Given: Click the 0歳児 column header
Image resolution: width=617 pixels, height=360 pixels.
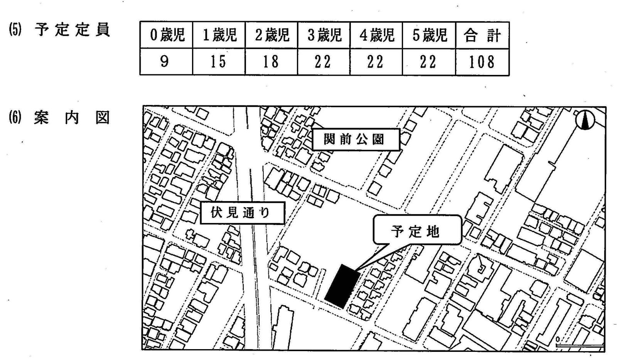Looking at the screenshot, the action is click(166, 35).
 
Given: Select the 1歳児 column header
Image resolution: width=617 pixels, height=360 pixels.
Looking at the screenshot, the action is click(219, 35).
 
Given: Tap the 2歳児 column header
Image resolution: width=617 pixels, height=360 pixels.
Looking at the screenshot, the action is click(271, 35).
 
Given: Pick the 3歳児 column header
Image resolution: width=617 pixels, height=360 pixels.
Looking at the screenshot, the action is click(324, 35).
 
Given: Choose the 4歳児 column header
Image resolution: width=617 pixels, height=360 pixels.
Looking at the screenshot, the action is click(376, 35).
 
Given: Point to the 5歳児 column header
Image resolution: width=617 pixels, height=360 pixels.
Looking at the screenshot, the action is click(429, 35).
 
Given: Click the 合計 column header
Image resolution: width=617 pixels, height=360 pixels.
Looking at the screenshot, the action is click(482, 35).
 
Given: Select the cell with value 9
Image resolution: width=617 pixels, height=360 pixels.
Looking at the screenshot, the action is click(165, 62).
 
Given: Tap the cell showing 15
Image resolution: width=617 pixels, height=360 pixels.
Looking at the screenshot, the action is click(218, 62).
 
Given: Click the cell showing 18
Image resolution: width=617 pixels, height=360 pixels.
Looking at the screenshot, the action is click(271, 62).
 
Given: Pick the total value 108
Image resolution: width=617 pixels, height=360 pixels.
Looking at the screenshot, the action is click(482, 62).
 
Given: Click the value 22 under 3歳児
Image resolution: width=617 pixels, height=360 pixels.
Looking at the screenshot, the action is click(323, 62).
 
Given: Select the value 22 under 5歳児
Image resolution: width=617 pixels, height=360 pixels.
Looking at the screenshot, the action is click(428, 62).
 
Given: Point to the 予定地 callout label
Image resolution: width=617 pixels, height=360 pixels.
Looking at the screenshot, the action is click(416, 231).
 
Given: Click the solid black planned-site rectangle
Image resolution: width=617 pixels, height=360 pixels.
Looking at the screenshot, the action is click(342, 286).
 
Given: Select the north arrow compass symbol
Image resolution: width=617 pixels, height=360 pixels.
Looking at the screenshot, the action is click(585, 120).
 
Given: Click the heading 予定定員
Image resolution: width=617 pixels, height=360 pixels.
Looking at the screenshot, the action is click(72, 30).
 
